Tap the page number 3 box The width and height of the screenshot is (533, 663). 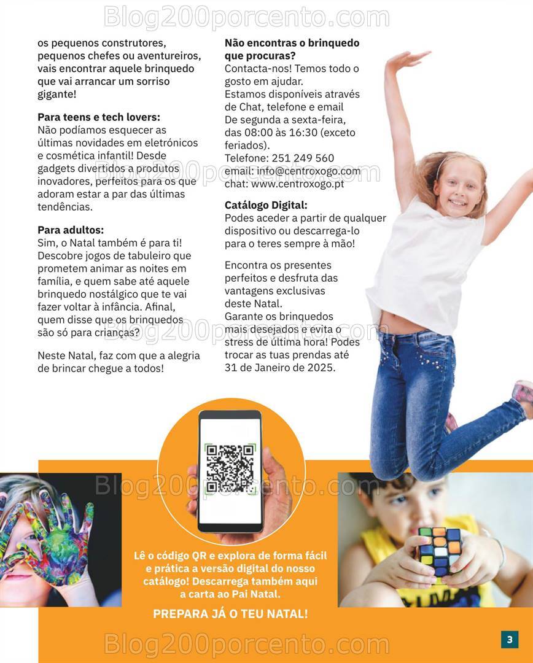[509, 639]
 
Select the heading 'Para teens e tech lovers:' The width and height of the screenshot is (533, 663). [99, 117]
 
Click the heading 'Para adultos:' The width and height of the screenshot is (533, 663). [71, 230]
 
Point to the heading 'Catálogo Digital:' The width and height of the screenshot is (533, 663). [266, 205]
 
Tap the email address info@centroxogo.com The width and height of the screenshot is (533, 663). [309, 171]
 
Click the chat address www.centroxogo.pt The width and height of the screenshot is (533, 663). [298, 183]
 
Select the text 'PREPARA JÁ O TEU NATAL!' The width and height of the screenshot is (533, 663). [230, 613]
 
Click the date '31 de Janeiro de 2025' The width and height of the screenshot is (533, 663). [280, 368]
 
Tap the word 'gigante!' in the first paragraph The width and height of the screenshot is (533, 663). [57, 94]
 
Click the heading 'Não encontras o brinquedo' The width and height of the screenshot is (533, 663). [292, 43]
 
